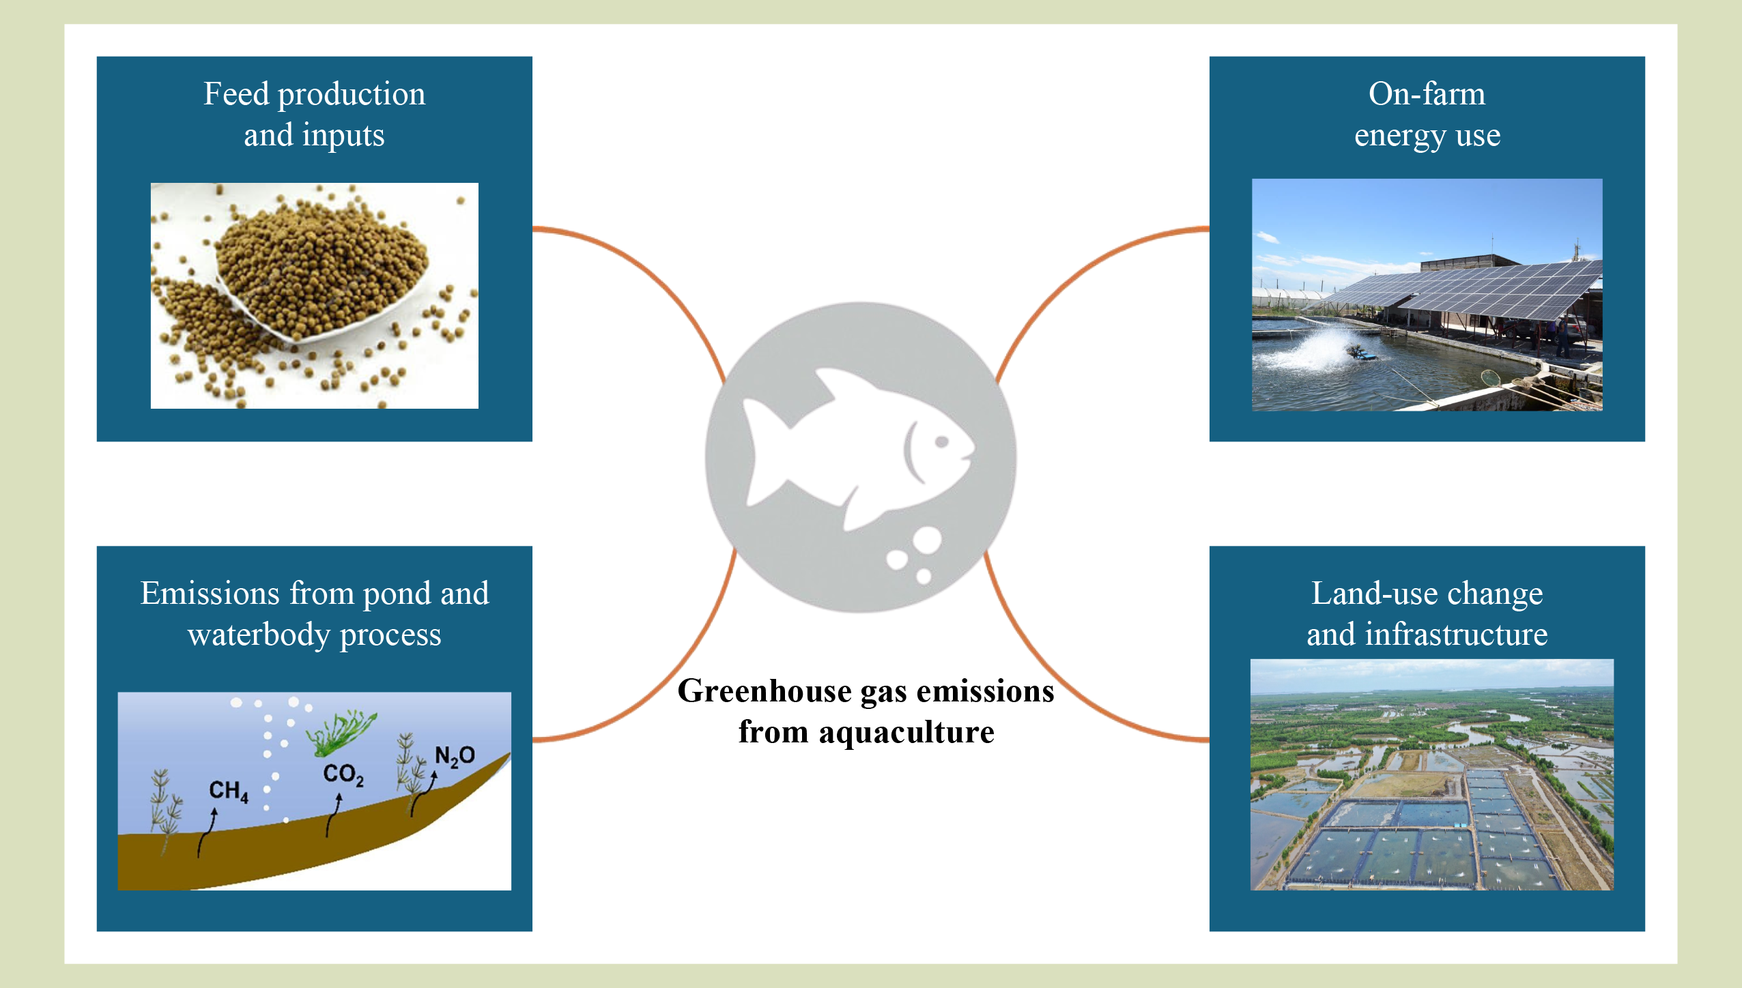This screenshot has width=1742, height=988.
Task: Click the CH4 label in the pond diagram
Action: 229,791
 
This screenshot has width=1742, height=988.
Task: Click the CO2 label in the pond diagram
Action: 343,775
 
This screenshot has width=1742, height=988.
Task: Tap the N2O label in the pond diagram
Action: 455,756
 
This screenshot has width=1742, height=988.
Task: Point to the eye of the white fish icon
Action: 941,441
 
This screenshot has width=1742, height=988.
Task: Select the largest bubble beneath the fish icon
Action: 927,540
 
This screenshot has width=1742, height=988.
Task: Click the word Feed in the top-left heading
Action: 236,93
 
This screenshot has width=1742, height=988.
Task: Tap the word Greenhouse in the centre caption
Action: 765,692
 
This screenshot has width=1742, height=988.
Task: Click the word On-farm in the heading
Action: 1427,93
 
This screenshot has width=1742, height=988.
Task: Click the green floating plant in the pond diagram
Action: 341,732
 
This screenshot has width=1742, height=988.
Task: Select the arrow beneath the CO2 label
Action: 333,815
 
